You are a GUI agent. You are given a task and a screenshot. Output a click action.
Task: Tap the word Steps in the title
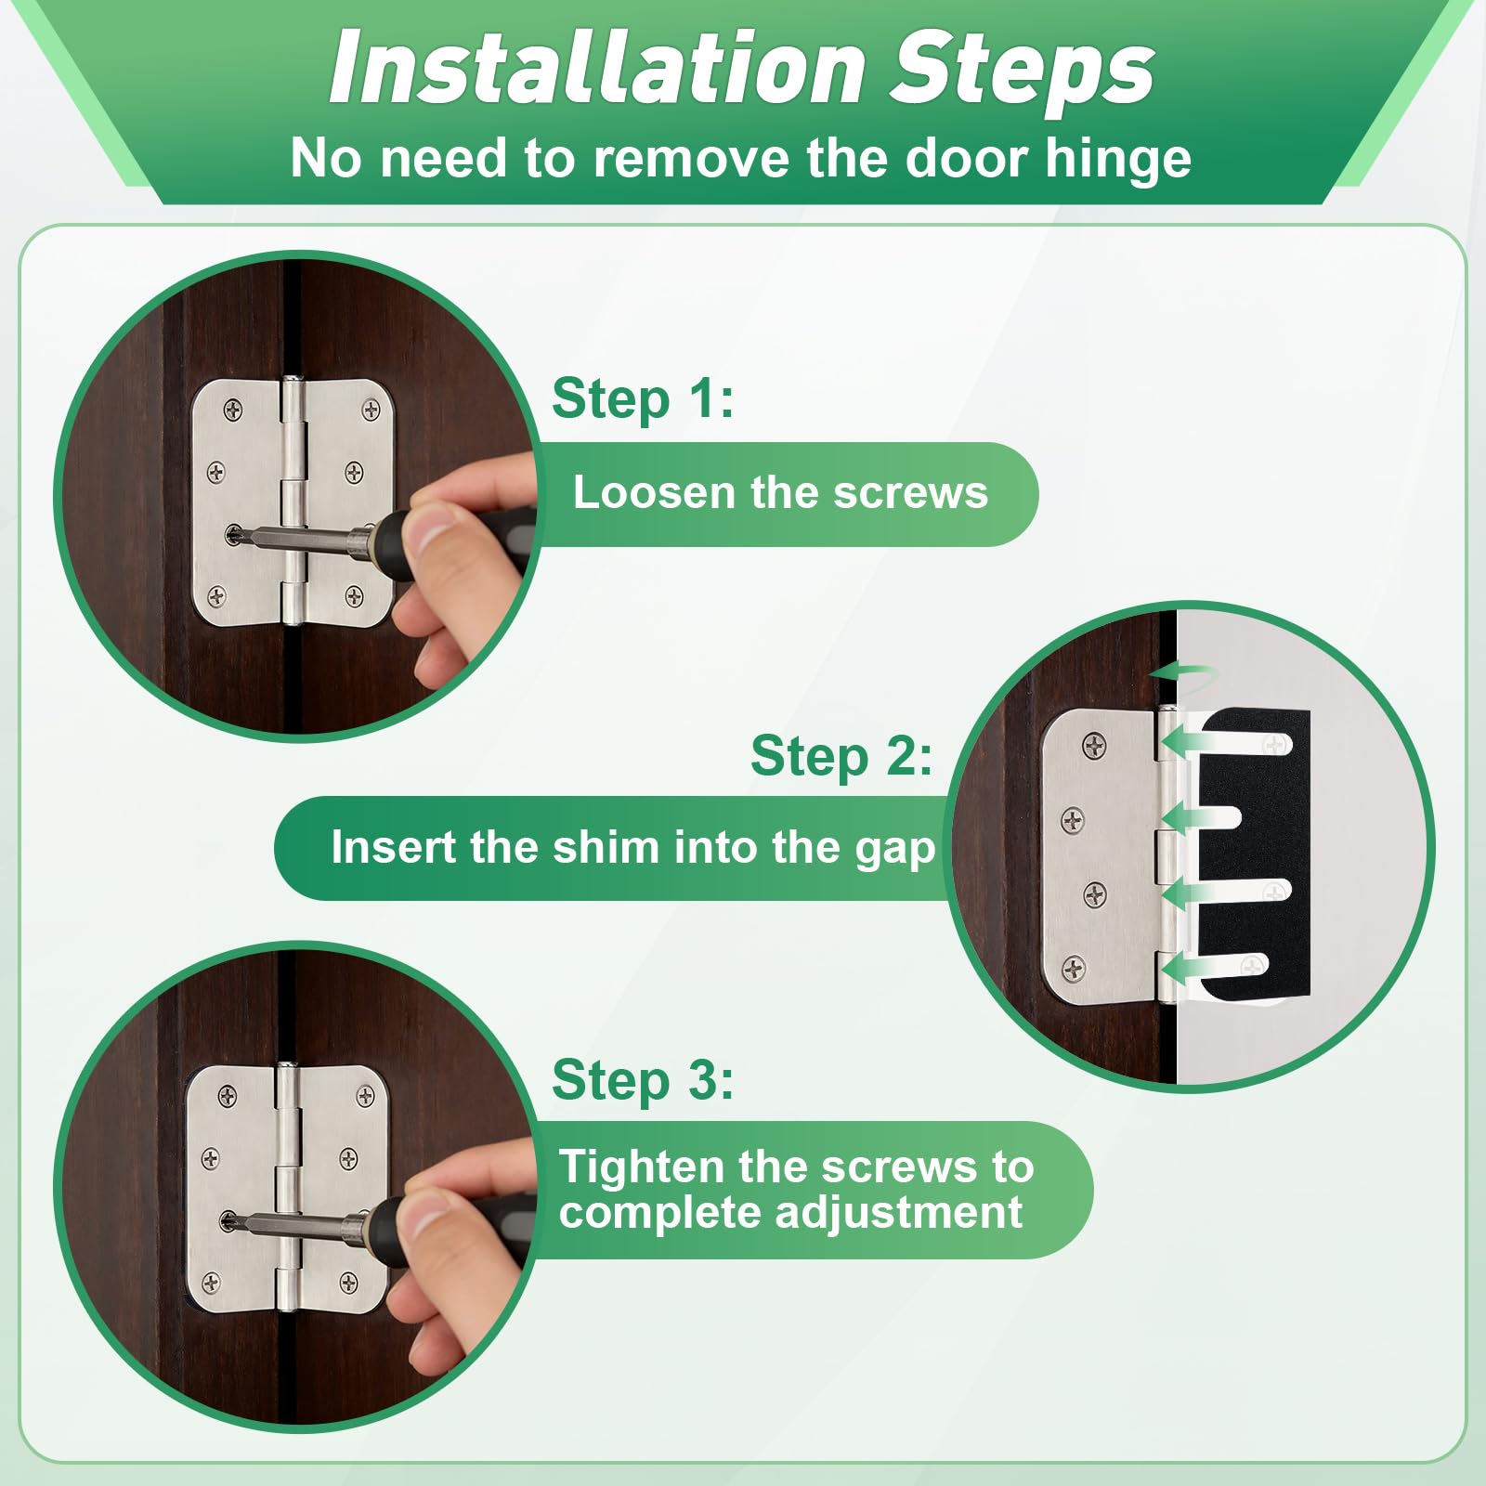click(x=1023, y=69)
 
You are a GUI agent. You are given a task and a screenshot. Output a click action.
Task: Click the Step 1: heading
click(x=643, y=399)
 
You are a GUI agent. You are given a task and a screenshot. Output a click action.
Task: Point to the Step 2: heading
click(x=841, y=756)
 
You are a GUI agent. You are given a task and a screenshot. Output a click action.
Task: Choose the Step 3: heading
click(x=643, y=1081)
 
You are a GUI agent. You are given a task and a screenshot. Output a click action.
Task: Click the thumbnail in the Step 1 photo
click(x=435, y=534)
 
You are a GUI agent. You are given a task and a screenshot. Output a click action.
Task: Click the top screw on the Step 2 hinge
click(x=1095, y=744)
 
